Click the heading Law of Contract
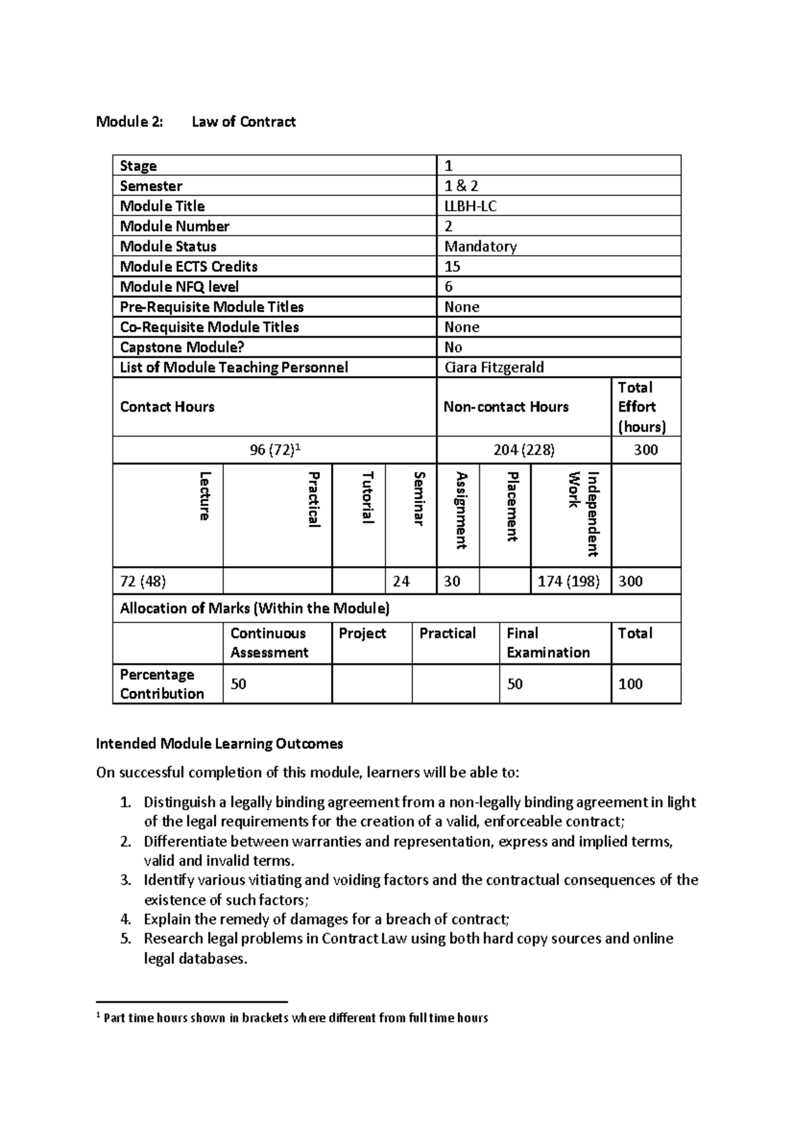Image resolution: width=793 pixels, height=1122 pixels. [243, 122]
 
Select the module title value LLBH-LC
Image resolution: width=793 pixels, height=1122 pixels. [470, 206]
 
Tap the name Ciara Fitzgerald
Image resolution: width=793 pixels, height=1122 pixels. [494, 367]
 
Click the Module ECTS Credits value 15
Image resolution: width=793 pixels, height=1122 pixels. [453, 266]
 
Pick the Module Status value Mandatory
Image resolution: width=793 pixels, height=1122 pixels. [480, 246]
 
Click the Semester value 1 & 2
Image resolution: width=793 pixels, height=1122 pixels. [461, 186]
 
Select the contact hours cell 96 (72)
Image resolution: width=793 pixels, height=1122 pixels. [274, 450]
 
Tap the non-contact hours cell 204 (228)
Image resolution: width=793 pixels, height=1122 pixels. [524, 450]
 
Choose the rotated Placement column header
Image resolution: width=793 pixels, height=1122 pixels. [511, 506]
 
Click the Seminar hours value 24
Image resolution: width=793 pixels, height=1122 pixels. [401, 581]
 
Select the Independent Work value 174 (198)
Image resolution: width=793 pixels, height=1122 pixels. [568, 581]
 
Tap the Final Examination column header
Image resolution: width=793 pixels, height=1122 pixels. [548, 643]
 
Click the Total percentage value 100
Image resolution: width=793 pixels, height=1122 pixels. [630, 684]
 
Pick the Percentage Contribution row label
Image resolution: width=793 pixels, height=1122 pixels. [161, 684]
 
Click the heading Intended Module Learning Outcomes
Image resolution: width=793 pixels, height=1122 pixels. [219, 744]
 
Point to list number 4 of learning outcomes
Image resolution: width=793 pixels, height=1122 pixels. [126, 919]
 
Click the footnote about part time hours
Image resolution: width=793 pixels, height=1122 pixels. [295, 1018]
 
